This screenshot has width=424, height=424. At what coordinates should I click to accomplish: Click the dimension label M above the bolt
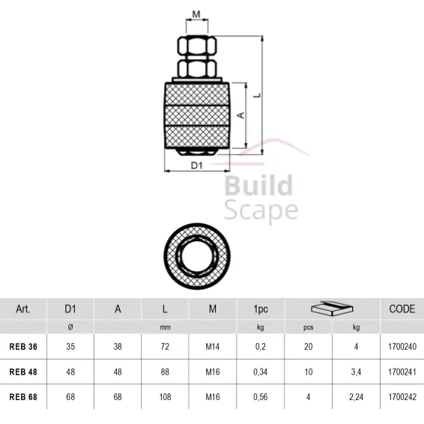pos(196,14)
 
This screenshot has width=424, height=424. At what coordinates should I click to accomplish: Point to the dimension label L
pos(257,95)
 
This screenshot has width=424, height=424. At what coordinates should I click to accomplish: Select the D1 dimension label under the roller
pos(196,166)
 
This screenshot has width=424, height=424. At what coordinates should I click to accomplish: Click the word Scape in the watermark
pos(261,210)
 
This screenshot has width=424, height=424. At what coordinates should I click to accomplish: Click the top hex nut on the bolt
pos(197,47)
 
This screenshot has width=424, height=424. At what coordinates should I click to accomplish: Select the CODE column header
pos(402,309)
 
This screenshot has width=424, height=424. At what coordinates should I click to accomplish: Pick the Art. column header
pos(22,309)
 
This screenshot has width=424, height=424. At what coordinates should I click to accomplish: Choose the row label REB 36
pos(22,347)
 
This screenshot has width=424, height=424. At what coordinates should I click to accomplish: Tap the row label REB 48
pos(22,372)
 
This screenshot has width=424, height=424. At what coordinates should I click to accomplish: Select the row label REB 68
pos(22,396)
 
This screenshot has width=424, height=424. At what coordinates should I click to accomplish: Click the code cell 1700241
pos(402,372)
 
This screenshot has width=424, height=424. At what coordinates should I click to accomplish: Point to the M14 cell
pos(213,347)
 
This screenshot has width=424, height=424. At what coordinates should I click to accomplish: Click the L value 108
pos(165,396)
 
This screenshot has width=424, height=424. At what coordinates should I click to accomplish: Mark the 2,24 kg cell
pos(356,396)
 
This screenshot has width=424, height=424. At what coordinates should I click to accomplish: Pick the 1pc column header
pos(260,309)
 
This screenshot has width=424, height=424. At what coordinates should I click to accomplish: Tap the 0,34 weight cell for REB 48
pos(260,372)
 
